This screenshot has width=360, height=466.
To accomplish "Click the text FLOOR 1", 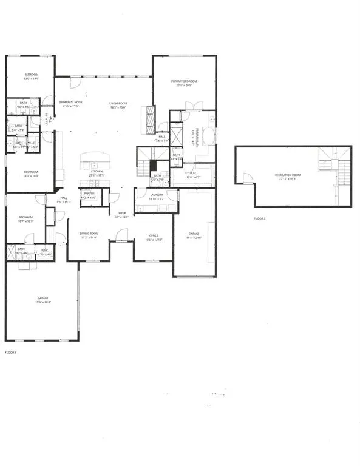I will coord(10,352).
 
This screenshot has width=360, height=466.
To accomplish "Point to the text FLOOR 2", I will coord(260,218).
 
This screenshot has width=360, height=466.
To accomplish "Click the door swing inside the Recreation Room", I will coord(247,178).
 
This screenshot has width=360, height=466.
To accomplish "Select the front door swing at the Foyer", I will coord(122,235).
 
